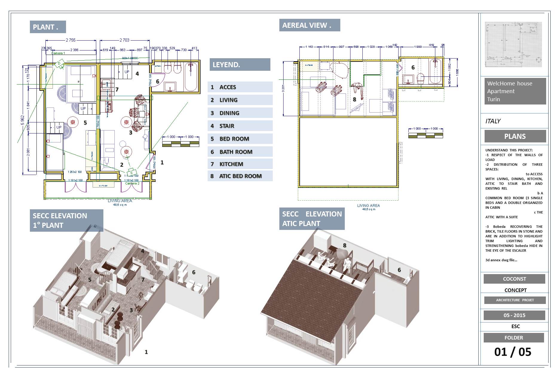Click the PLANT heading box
tap(48, 27)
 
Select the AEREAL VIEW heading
tap(309, 25)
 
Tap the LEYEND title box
tap(240, 64)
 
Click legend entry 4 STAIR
tap(240, 126)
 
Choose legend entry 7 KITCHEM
tap(240, 164)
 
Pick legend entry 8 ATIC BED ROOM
tap(240, 176)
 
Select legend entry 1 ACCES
tap(240, 87)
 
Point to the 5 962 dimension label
tap(22, 119)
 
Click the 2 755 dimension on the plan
tap(71, 40)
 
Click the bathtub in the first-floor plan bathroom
tap(191, 76)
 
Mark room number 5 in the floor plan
tap(85, 122)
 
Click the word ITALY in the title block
tap(493, 121)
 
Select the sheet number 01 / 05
tap(513, 352)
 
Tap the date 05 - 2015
tap(514, 315)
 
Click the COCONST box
tap(514, 279)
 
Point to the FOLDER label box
tap(514, 338)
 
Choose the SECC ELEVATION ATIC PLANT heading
tap(312, 219)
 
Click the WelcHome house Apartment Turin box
tap(515, 91)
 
